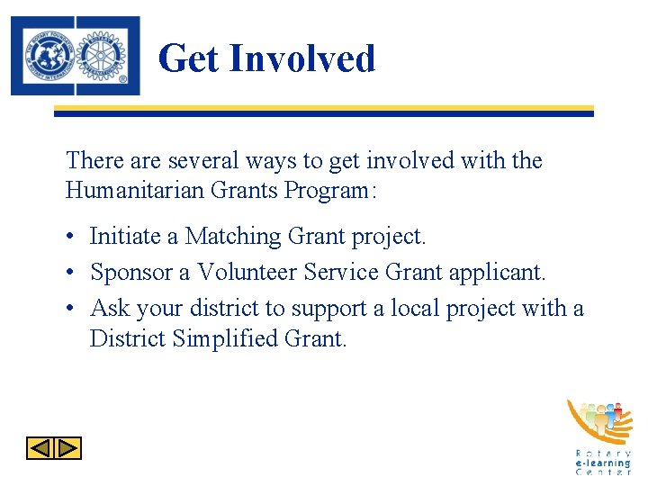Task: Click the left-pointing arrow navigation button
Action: [x=40, y=448]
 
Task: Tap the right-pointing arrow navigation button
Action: [x=68, y=448]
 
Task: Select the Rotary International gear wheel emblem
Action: [x=106, y=56]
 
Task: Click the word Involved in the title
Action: [x=301, y=58]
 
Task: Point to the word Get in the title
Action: [x=188, y=58]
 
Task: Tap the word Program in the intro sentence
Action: [x=321, y=191]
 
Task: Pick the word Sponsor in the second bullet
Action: [x=124, y=272]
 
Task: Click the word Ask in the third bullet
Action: [x=110, y=308]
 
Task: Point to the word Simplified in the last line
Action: [x=225, y=339]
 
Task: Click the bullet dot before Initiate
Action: [x=70, y=238]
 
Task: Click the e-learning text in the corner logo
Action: [x=603, y=463]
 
